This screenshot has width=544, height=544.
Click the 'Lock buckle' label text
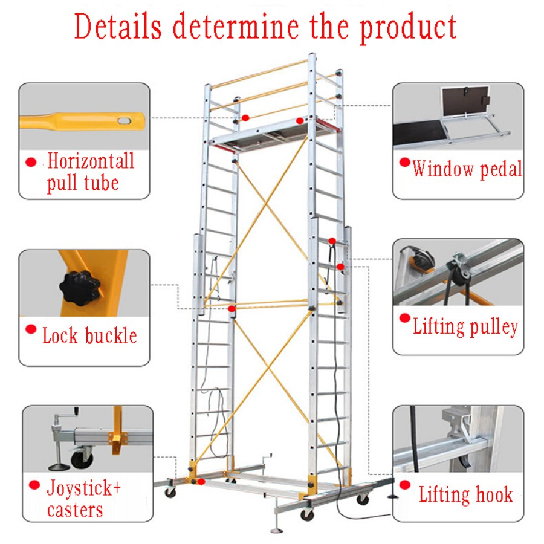pos(89,335)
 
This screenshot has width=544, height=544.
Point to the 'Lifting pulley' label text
pos(465,327)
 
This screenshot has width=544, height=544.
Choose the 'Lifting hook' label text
pos(465,494)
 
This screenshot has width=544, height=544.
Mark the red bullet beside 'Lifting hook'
pos(405,485)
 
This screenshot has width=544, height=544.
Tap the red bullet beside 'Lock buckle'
pos(31,329)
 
